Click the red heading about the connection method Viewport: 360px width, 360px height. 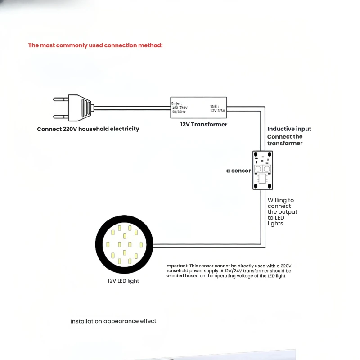click(x=95, y=45)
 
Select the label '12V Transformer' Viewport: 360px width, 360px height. click(x=204, y=125)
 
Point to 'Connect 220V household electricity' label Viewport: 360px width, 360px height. click(x=88, y=129)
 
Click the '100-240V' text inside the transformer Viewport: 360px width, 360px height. click(x=180, y=108)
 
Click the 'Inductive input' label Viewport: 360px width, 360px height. click(x=289, y=129)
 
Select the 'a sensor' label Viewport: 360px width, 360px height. click(x=238, y=171)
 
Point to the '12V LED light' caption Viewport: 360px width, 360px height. click(x=123, y=281)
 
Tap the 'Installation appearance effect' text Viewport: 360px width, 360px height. click(x=113, y=321)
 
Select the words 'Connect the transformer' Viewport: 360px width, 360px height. click(x=285, y=140)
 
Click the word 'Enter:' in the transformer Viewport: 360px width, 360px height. click(x=176, y=103)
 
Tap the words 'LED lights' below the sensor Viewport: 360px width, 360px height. click(x=276, y=220)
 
